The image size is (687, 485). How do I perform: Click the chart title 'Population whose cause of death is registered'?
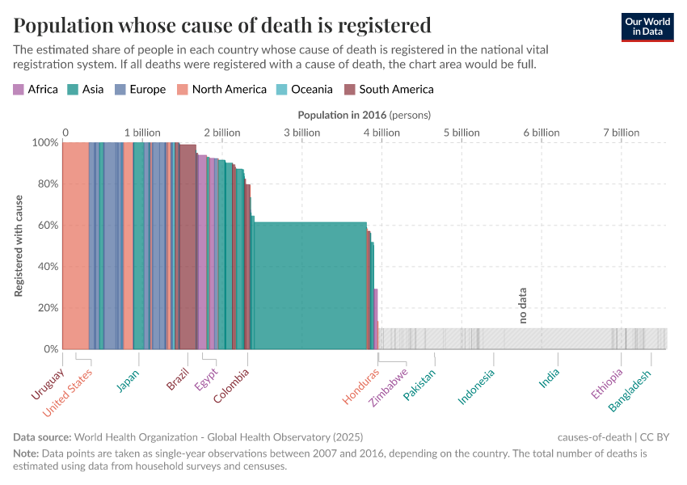point(221,25)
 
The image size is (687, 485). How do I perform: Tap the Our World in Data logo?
point(647,27)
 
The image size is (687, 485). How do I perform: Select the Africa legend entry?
point(36,90)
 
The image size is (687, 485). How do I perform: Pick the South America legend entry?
point(389,90)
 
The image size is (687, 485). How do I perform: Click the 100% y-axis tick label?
point(44,143)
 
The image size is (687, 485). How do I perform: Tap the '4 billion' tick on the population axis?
point(381,133)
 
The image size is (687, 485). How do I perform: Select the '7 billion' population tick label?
point(621,133)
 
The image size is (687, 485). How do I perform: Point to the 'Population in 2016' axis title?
point(365,115)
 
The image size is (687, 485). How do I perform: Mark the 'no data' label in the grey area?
point(523,306)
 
